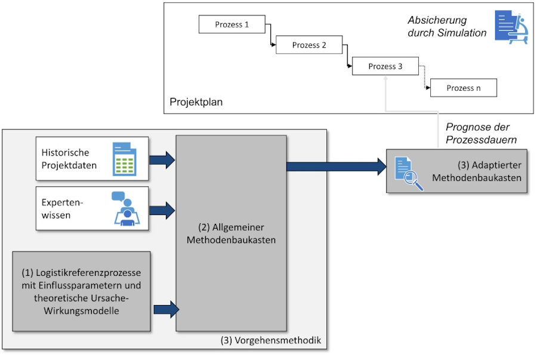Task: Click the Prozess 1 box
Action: [x=231, y=25]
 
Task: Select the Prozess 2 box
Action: [x=309, y=45]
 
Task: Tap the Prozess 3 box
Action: [x=385, y=66]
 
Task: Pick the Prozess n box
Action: [x=463, y=88]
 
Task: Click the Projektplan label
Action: [x=196, y=102]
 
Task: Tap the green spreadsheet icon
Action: [x=126, y=159]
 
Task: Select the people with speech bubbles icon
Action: [x=125, y=209]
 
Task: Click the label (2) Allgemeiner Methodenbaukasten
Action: [x=231, y=233]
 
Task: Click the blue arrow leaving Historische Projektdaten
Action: [x=162, y=159]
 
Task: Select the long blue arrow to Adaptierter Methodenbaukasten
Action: [x=337, y=166]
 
